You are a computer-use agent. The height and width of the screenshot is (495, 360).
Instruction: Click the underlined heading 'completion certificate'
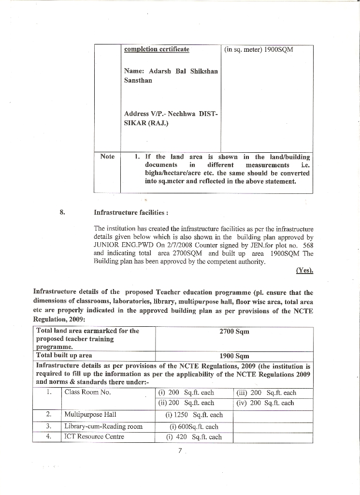pyautogui.click(x=157, y=49)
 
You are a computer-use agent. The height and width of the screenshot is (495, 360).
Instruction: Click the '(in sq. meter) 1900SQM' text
pyautogui.click(x=259, y=50)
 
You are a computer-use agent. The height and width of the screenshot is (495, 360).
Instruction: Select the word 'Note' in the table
pyautogui.click(x=107, y=156)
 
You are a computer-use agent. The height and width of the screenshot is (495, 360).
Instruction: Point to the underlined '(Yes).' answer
pyautogui.click(x=304, y=271)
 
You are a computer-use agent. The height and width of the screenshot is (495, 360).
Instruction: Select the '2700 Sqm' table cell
pyautogui.click(x=234, y=332)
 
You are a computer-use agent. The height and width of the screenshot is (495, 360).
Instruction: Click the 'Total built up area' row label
pyautogui.click(x=64, y=355)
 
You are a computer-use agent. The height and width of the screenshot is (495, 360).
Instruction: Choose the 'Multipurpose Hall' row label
pyautogui.click(x=90, y=414)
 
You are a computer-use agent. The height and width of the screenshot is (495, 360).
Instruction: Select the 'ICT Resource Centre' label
pyautogui.click(x=94, y=437)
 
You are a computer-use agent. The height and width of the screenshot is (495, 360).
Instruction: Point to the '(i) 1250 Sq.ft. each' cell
pyautogui.click(x=194, y=415)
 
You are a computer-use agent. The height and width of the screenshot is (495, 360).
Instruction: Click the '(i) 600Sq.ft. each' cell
pyautogui.click(x=194, y=426)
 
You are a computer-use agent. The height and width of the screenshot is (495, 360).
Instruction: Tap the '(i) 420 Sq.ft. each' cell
pyautogui.click(x=194, y=437)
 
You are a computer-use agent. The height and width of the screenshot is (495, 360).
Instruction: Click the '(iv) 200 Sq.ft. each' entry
pyautogui.click(x=265, y=403)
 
